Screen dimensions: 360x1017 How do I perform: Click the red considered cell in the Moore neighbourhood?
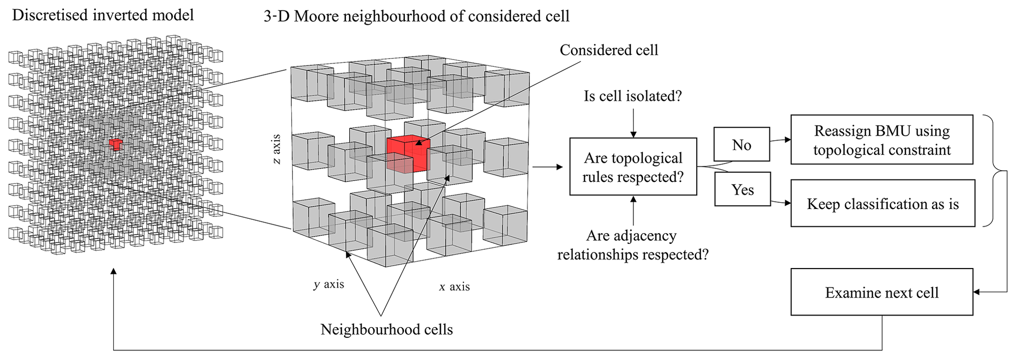pos(408,154)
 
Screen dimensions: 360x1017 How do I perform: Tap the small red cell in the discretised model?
pos(116,144)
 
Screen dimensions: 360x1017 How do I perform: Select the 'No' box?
pos(741,145)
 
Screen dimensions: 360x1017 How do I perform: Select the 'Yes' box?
pos(742,189)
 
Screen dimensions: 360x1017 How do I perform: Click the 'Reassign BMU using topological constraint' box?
pos(882,140)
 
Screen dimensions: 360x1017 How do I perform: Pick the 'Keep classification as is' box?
pos(883,204)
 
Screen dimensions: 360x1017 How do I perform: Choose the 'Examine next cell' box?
pos(882,292)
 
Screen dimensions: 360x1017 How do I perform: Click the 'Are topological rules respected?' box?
pos(633,167)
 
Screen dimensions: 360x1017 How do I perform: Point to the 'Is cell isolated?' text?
pos(633,96)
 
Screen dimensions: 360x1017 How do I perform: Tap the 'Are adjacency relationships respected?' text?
pos(633,245)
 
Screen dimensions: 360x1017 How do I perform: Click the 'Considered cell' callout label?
pos(609,50)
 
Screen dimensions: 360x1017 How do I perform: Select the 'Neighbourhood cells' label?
pos(387,329)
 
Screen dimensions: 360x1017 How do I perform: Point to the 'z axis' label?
pos(277,149)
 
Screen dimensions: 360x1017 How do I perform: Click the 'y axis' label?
pos(329,284)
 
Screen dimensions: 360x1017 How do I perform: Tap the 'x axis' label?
pos(454,286)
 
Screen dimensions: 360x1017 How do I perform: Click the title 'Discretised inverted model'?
pos(103,15)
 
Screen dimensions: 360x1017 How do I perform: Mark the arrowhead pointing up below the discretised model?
pos(114,271)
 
